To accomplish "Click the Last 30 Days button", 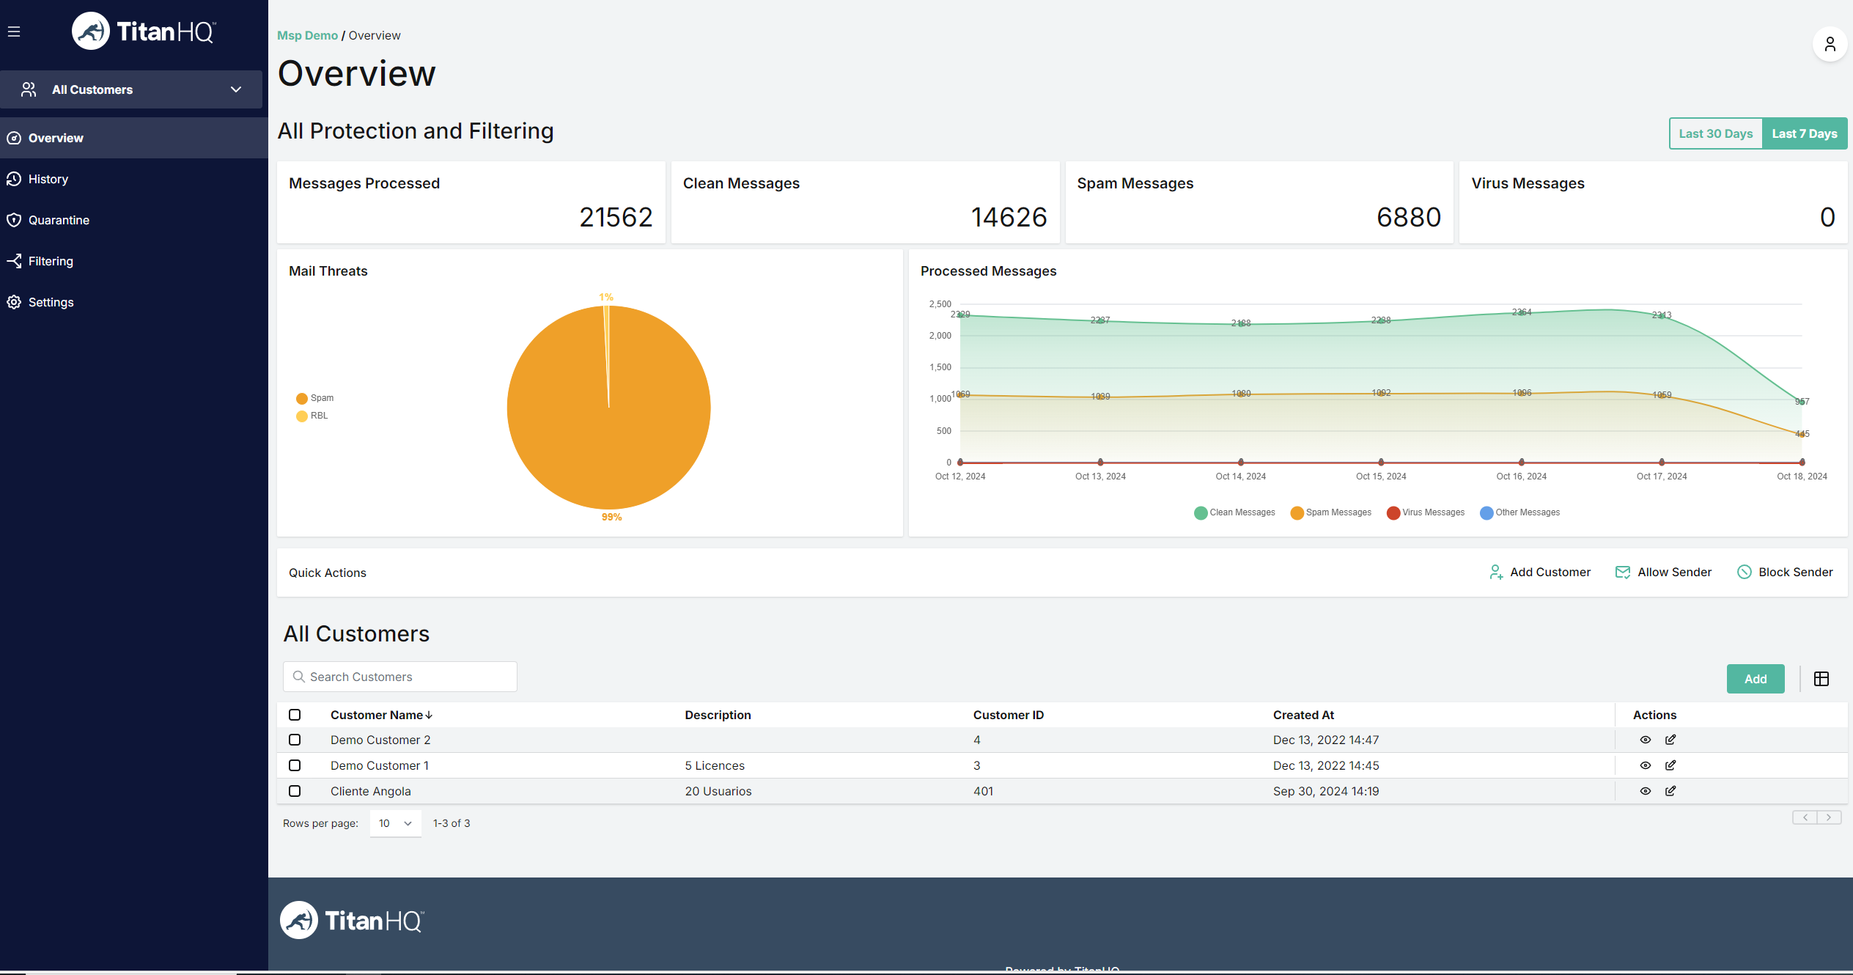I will (1715, 133).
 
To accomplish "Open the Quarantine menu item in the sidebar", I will (59, 220).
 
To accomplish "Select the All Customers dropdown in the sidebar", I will (132, 89).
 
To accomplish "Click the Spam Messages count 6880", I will (1408, 217).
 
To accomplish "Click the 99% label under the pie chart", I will (611, 517).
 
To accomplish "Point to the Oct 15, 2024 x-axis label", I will (1380, 477).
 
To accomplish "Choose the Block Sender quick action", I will (1785, 572).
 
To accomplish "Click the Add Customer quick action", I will (1540, 572).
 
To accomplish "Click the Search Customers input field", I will (400, 677).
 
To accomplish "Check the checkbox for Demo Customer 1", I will (295, 765).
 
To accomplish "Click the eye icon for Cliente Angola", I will (1645, 791).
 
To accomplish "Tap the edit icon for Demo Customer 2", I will (1670, 740).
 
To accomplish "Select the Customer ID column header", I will (1008, 715).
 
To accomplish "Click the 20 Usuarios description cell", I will (718, 791).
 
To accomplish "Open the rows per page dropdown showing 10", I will (395, 823).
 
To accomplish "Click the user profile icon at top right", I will (1830, 45).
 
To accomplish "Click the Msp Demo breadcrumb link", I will (307, 35).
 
